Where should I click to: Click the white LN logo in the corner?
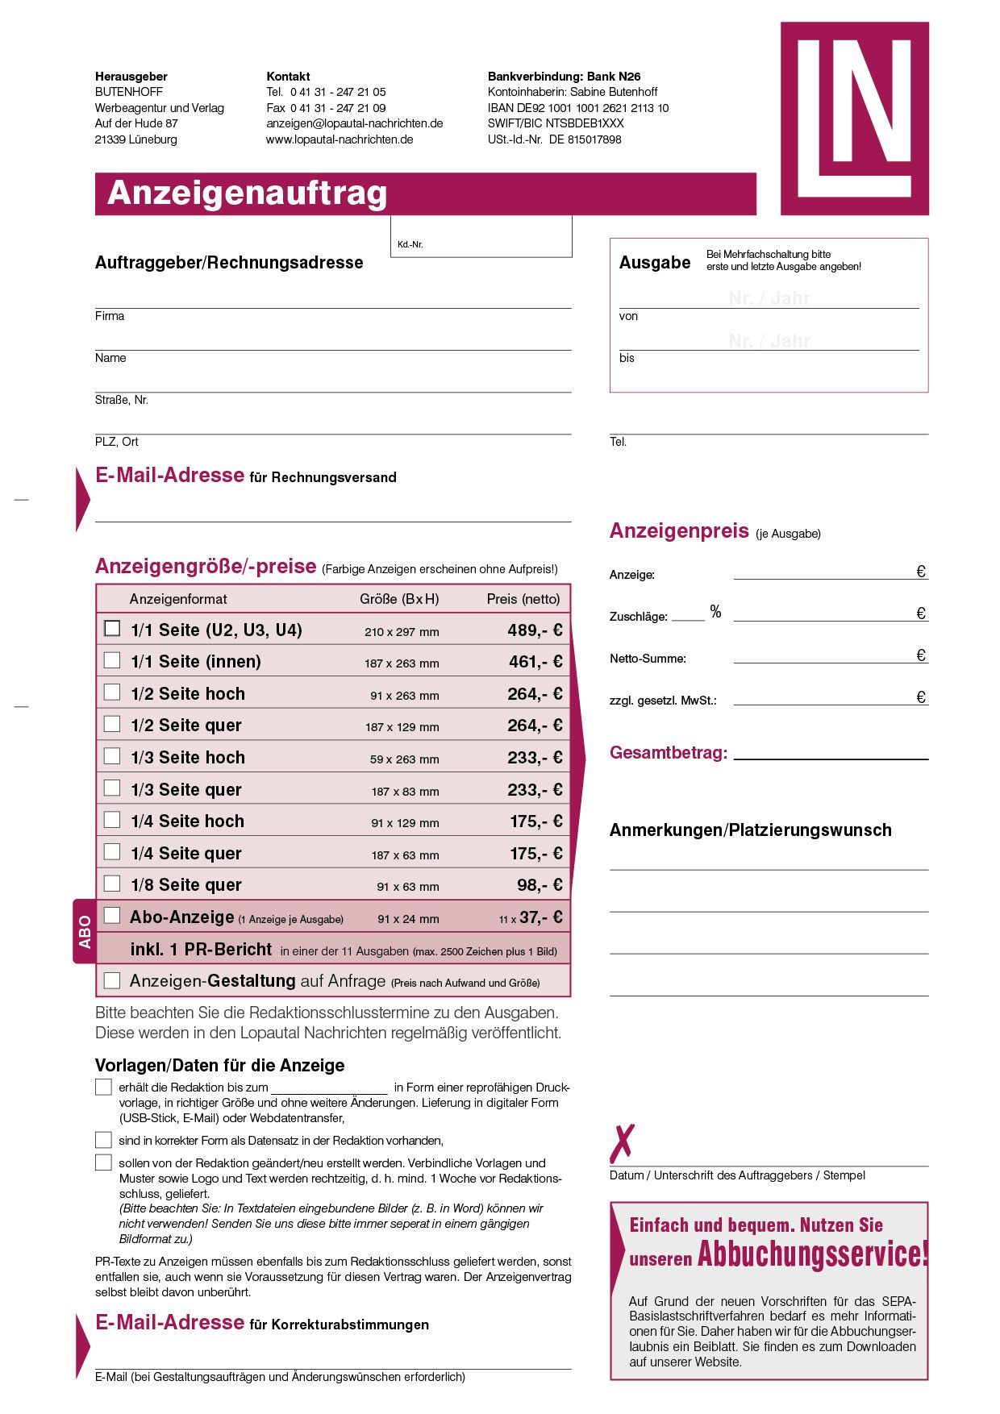pyautogui.click(x=854, y=119)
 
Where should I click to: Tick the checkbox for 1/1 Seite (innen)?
pyautogui.click(x=112, y=661)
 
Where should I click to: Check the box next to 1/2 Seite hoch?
pyautogui.click(x=112, y=692)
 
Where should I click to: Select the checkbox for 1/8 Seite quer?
pyautogui.click(x=112, y=884)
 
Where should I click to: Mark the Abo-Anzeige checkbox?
pyautogui.click(x=112, y=915)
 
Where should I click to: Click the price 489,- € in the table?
pyautogui.click(x=535, y=630)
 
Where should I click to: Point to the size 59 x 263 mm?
pyautogui.click(x=404, y=759)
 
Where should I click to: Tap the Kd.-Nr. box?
pyautogui.click(x=481, y=237)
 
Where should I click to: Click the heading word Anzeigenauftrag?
pyautogui.click(x=248, y=193)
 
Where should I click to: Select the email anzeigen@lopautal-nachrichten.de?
pyautogui.click(x=354, y=123)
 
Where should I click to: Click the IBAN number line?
pyautogui.click(x=577, y=108)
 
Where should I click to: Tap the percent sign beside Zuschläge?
pyautogui.click(x=715, y=612)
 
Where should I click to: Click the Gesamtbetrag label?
pyautogui.click(x=668, y=753)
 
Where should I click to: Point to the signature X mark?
pyautogui.click(x=622, y=1143)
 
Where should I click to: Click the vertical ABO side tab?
pyautogui.click(x=85, y=931)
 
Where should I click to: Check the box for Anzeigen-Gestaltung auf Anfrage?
pyautogui.click(x=112, y=980)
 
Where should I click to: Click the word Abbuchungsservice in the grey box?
pyautogui.click(x=812, y=1254)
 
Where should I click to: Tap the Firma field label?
pyautogui.click(x=110, y=316)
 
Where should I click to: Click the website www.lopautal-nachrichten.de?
pyautogui.click(x=340, y=139)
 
